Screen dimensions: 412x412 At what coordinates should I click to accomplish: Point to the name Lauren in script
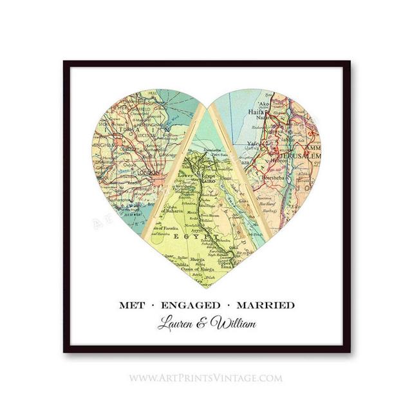[x=178, y=323]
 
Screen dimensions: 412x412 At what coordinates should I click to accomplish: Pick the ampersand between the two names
[x=205, y=323]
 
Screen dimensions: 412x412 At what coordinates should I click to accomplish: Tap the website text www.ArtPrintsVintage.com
[x=205, y=378]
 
